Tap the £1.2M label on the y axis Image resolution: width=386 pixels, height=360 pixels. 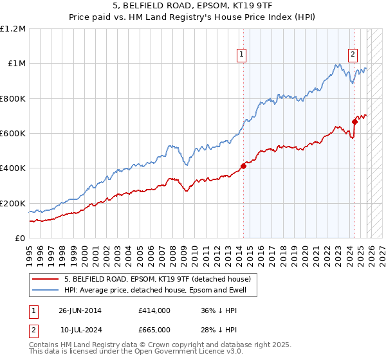pyautogui.click(x=13, y=29)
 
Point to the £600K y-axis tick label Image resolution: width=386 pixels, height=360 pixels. pyautogui.click(x=13, y=134)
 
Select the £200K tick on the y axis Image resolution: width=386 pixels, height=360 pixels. pyautogui.click(x=13, y=203)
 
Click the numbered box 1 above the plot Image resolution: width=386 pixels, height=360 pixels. pyautogui.click(x=241, y=55)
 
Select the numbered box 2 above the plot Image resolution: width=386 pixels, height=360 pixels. pyautogui.click(x=353, y=55)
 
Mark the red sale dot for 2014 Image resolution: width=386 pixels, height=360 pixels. pyautogui.click(x=243, y=166)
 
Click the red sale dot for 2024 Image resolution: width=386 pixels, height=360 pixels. pyautogui.click(x=354, y=122)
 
